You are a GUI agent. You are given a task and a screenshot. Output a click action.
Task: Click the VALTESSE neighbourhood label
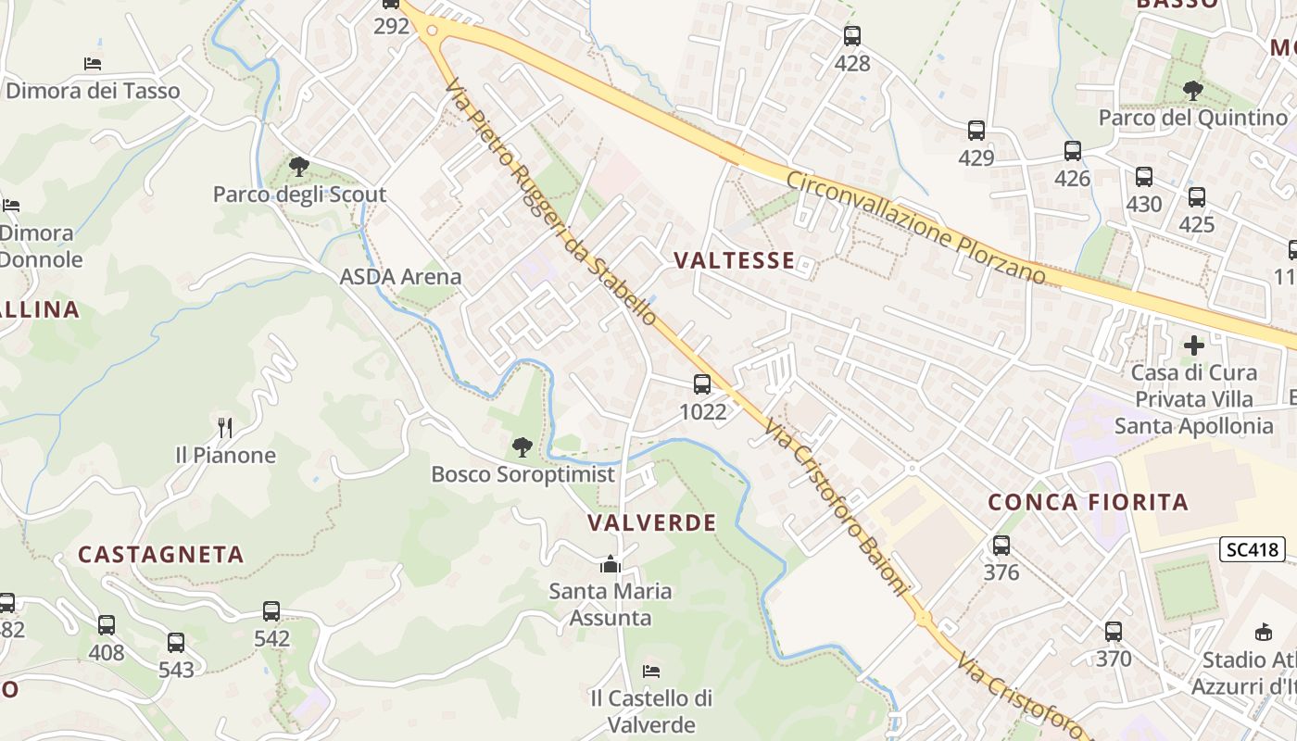point(735,260)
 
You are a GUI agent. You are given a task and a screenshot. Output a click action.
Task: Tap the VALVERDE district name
point(652,522)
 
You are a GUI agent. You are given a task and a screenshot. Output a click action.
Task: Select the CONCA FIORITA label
point(1088,502)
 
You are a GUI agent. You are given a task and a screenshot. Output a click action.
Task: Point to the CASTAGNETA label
point(161,554)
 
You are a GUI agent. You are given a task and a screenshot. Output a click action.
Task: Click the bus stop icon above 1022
point(702,383)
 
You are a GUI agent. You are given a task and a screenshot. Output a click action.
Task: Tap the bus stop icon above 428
point(852,36)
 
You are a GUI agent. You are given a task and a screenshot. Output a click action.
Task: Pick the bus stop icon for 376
point(1001,546)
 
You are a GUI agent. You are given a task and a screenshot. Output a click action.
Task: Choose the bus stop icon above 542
point(271,611)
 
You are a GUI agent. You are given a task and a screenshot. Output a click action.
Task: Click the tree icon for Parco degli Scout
point(298,167)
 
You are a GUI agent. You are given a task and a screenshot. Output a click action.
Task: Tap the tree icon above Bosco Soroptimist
point(523,447)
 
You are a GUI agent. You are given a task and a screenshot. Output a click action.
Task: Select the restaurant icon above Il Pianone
point(225,428)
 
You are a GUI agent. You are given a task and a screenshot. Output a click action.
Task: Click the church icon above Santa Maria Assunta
point(611,563)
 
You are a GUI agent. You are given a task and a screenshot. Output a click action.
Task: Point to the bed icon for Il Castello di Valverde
point(651,671)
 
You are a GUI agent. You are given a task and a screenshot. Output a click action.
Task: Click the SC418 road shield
point(1252,549)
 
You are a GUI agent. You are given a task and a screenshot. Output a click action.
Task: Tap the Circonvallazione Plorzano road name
point(916,226)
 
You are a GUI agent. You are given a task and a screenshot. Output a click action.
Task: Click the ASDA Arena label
point(400,276)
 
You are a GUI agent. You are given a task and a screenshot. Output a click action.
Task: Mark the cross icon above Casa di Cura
point(1194,345)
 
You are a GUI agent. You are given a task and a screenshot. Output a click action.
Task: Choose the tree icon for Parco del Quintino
point(1193,90)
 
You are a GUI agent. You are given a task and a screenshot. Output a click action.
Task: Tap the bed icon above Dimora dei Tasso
point(93,63)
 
